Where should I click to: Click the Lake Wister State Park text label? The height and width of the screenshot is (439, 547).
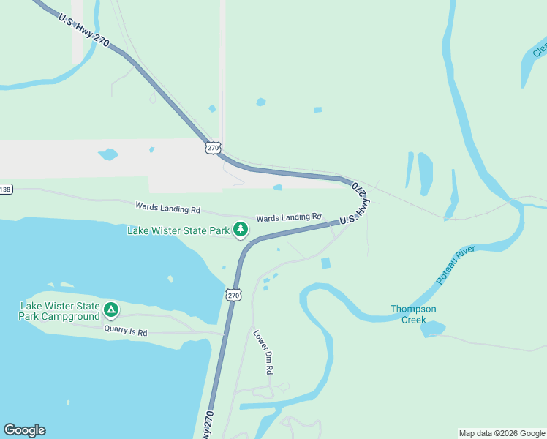[178, 230]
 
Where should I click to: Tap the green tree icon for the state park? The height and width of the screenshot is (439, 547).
[241, 230]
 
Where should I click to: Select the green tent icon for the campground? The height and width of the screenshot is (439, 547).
[110, 309]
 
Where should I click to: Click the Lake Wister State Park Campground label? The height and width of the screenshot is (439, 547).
[60, 311]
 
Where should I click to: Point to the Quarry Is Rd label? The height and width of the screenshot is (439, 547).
[125, 332]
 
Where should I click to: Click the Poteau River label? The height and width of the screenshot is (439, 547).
[456, 265]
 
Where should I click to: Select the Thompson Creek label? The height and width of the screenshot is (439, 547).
[413, 314]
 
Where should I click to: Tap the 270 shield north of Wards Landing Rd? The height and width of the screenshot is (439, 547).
[212, 148]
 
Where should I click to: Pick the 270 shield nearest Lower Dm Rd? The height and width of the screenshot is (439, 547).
[233, 295]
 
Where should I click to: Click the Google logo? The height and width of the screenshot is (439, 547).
[24, 430]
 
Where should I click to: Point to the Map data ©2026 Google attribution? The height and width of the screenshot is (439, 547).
[502, 433]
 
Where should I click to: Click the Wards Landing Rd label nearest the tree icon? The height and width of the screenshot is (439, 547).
[289, 217]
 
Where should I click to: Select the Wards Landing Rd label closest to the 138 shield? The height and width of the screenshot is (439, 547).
[167, 209]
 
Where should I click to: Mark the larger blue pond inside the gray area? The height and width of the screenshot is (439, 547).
[108, 154]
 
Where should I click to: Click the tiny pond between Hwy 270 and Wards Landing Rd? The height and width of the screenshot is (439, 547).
[277, 187]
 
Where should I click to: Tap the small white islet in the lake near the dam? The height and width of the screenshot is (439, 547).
[170, 279]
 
